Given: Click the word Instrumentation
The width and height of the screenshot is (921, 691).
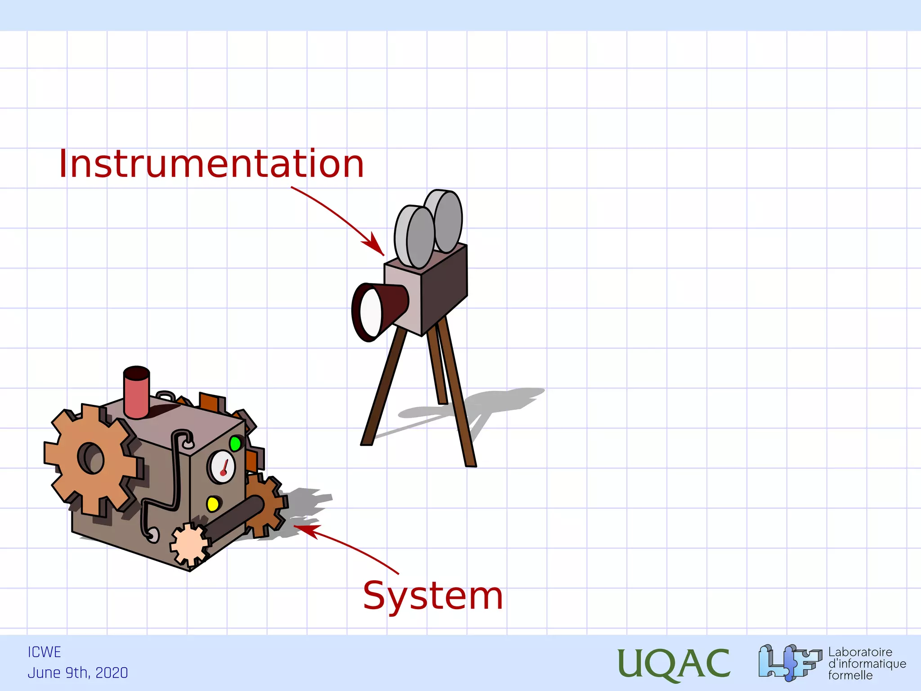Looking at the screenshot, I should (211, 164).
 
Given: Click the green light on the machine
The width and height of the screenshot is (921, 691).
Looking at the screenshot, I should (235, 444).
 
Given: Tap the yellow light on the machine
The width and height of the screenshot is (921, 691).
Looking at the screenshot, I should (213, 504).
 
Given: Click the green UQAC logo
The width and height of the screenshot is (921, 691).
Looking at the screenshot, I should (673, 664).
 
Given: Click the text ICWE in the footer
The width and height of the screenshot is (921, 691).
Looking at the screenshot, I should (44, 652).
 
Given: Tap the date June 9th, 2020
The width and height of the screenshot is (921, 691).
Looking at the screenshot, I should (78, 673).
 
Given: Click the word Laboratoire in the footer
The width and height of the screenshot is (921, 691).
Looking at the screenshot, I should (860, 652).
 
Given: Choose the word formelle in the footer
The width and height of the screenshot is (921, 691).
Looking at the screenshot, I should (850, 675).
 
